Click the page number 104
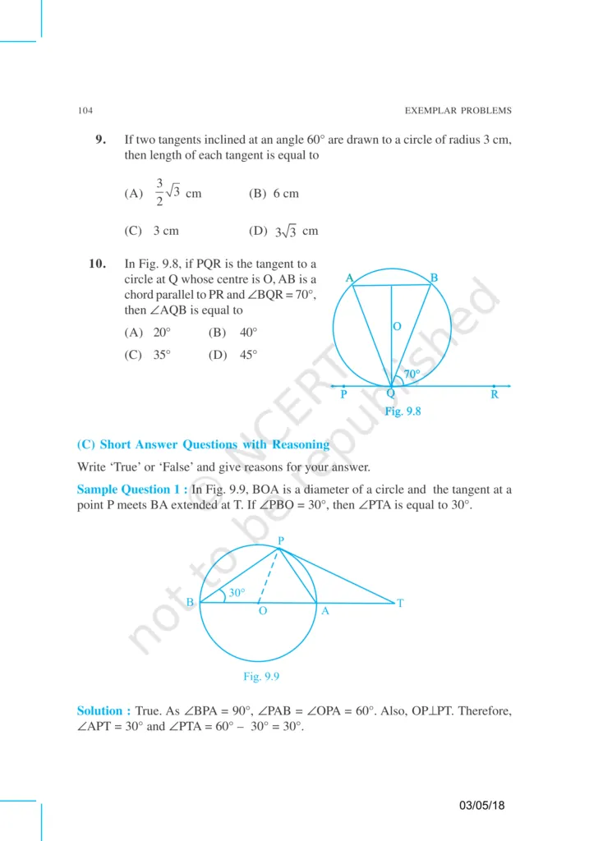click(x=85, y=111)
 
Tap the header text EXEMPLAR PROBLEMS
click(x=458, y=111)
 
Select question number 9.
click(x=101, y=140)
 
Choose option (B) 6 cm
click(x=274, y=194)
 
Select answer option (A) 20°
click(x=148, y=333)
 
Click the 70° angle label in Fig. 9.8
click(x=412, y=374)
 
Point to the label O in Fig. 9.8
click(x=397, y=327)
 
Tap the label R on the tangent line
click(x=495, y=395)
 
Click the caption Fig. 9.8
click(x=403, y=412)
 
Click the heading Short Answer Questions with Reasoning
click(x=203, y=445)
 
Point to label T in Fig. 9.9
click(x=400, y=604)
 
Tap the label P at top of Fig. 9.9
click(x=280, y=540)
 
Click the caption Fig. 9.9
click(x=264, y=676)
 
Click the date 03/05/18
click(x=482, y=805)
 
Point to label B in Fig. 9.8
click(x=434, y=278)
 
